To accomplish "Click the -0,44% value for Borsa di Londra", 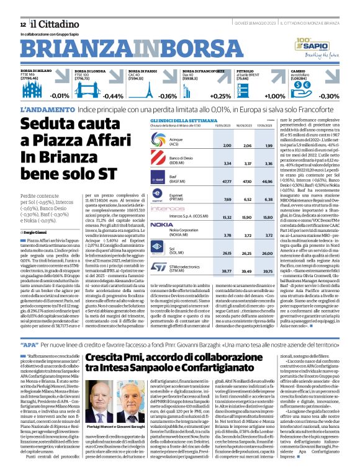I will pos(113,96).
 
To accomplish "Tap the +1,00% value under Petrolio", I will pos(274,96).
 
